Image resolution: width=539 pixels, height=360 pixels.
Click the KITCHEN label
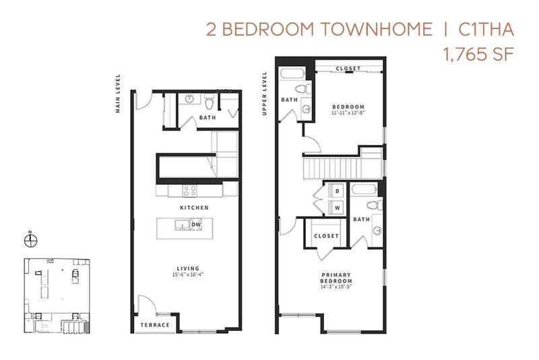193,208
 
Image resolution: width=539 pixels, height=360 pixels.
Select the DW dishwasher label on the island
196,225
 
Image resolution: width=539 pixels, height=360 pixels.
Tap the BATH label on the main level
207,119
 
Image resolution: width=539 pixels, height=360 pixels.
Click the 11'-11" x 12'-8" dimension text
348,114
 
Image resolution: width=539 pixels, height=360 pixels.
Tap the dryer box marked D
337,191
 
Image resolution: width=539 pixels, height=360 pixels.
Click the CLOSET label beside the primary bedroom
326,236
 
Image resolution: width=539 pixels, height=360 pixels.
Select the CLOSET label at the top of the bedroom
348,69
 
